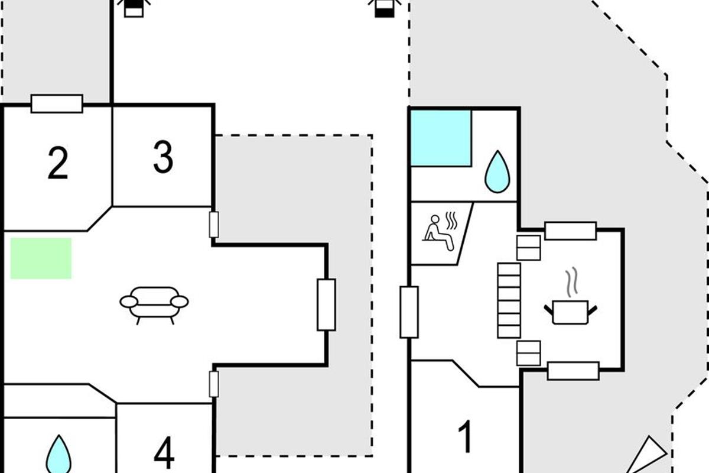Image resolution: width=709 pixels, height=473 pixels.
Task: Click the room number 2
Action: (57, 164)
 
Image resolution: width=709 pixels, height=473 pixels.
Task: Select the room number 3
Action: (163, 157)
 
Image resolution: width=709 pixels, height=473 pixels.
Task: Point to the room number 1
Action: (466, 438)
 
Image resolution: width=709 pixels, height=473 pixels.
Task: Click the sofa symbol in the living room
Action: (154, 303)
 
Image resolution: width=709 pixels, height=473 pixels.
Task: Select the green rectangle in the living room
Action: (41, 258)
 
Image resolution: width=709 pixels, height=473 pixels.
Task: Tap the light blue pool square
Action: (441, 138)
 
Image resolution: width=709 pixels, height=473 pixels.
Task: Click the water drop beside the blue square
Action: (496, 171)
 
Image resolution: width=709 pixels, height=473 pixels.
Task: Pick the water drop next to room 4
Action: (58, 455)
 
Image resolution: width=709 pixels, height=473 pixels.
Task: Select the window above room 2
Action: (57, 103)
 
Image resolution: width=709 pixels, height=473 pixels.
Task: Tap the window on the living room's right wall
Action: (326, 304)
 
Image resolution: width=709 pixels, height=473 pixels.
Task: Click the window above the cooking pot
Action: (570, 231)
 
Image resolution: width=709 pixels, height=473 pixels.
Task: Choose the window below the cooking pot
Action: (573, 371)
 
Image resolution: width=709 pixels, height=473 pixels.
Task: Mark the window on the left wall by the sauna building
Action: (409, 312)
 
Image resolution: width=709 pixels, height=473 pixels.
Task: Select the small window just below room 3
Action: (214, 225)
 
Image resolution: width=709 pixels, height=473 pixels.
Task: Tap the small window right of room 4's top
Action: (214, 384)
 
